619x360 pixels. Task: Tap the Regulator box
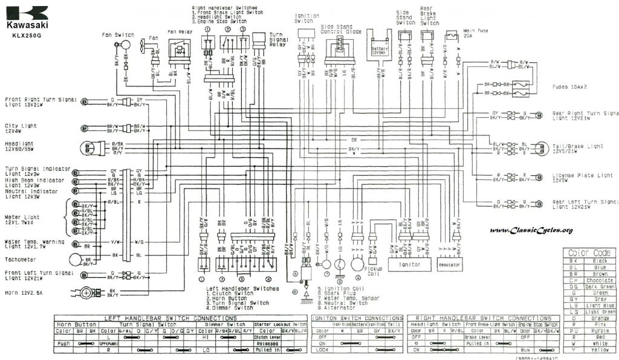[x=449, y=265]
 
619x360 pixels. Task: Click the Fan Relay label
[x=180, y=31]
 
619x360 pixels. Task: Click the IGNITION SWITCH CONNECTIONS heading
[x=357, y=318]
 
